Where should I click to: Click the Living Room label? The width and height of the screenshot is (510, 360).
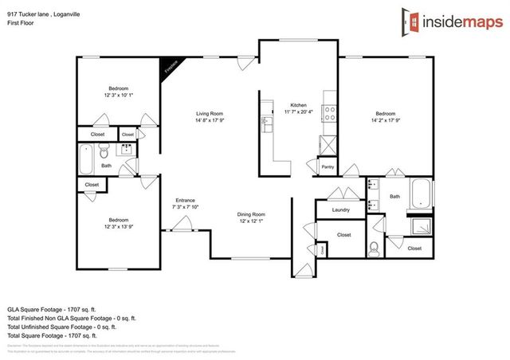pos(210,114)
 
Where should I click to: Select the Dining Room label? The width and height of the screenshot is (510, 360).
pos(250,214)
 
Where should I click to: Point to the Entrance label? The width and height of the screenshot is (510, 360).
pos(185,200)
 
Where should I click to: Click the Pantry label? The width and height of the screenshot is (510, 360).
pos(327,167)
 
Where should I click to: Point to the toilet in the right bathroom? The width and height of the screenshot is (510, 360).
pos(375,246)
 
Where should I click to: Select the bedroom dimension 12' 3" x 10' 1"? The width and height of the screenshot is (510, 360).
pos(119,96)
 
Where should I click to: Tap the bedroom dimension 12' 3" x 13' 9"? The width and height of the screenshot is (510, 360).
pos(119,226)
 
